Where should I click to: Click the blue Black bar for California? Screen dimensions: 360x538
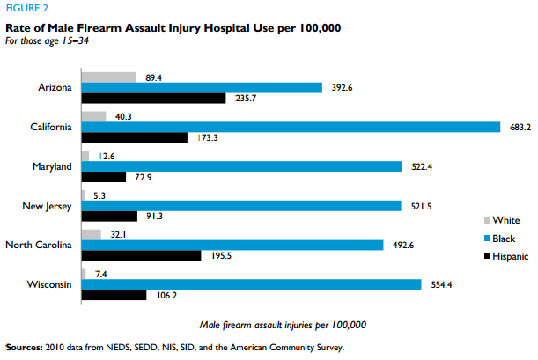tap(291, 127)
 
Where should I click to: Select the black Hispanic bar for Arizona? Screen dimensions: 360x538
tap(153, 98)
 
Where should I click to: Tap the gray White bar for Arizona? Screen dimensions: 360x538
tap(108, 77)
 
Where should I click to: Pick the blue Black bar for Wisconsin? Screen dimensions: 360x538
tap(251, 284)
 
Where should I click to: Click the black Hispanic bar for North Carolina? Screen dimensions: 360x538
tap(141, 255)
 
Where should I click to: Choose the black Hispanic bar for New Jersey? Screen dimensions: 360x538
tap(109, 216)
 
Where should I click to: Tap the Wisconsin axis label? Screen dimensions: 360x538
tap(49, 284)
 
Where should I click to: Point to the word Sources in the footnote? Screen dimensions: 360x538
tap(26, 347)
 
